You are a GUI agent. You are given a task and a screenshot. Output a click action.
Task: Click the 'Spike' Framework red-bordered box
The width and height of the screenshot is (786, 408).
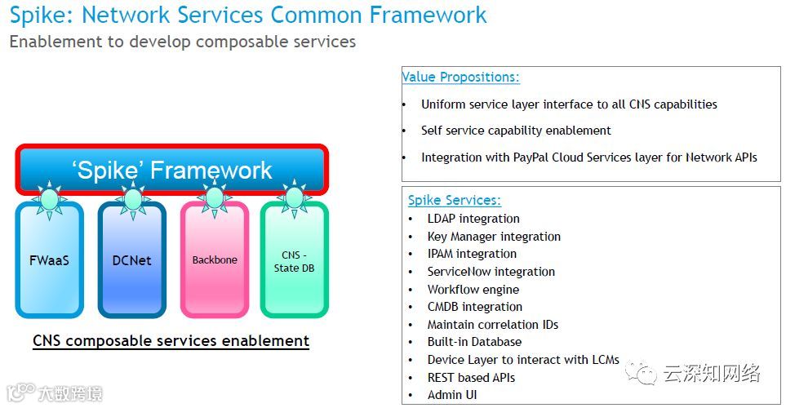coord(171,170)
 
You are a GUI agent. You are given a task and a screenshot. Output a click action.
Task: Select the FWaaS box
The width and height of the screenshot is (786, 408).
coord(49,260)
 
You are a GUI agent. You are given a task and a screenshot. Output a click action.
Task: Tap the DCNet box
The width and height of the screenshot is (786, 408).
coord(131,260)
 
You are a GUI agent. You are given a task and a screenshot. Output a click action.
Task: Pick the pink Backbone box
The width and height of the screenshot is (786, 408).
coord(215,260)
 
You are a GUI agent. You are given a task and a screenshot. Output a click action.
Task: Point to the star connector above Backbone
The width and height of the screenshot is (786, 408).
coord(214,197)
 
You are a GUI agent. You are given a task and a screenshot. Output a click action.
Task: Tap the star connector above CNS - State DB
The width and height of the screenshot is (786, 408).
coord(293,197)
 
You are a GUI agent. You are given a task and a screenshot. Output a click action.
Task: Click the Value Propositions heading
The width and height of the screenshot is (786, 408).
coord(460,78)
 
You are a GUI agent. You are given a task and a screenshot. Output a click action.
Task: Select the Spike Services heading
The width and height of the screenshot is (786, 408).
coord(455,201)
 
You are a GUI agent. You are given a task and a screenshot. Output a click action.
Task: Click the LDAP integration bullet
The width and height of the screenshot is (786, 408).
coord(473,219)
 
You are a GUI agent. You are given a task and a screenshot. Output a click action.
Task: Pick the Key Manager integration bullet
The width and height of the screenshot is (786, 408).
coord(494,237)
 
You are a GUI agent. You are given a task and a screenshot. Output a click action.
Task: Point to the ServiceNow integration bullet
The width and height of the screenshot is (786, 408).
coord(491,272)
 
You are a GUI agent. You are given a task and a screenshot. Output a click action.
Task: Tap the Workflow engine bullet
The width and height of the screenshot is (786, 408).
coord(473,290)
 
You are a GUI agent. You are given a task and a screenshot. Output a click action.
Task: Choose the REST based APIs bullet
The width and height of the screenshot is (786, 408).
coord(471,378)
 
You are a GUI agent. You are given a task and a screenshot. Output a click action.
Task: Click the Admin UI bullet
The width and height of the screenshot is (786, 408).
coord(452,395)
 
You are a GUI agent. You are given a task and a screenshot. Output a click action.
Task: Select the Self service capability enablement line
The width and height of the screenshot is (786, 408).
coord(516,131)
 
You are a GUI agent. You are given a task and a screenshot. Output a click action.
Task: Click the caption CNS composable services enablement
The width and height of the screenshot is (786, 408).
coord(171,341)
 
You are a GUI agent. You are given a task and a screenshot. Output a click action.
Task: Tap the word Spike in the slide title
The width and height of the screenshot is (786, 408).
coord(38,15)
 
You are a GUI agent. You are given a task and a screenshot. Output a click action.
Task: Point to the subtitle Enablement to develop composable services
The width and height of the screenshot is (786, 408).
coord(183,42)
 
